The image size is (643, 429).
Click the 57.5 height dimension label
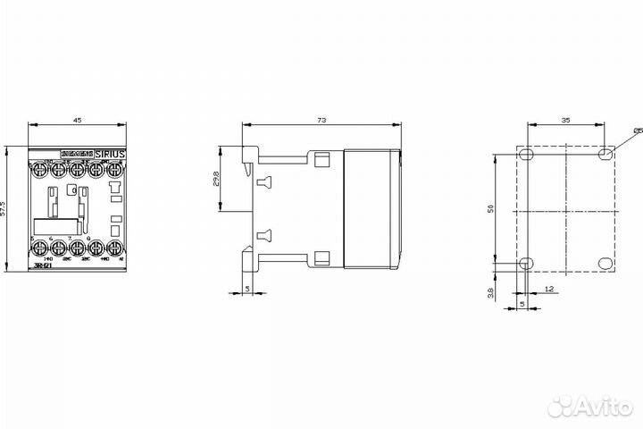(x=4, y=207)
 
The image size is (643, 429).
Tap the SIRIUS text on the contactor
(x=112, y=154)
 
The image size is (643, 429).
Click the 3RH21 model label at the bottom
(x=41, y=266)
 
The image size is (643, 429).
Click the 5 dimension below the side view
(x=247, y=288)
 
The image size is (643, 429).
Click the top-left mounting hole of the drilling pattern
(x=526, y=155)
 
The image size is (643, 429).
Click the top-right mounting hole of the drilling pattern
(x=606, y=155)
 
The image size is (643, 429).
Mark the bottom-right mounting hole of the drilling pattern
(x=606, y=264)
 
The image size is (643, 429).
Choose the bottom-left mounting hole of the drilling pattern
(x=526, y=264)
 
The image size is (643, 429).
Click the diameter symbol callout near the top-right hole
(x=637, y=131)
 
